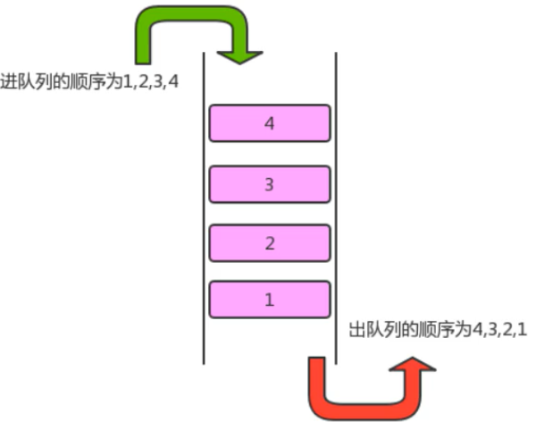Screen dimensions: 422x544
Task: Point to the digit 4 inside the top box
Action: coord(269,124)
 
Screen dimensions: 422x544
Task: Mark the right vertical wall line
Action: coord(336,206)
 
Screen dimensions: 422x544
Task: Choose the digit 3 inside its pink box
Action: coord(269,184)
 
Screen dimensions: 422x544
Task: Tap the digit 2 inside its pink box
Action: coord(269,242)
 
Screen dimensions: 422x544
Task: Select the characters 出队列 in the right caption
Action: coord(368,329)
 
